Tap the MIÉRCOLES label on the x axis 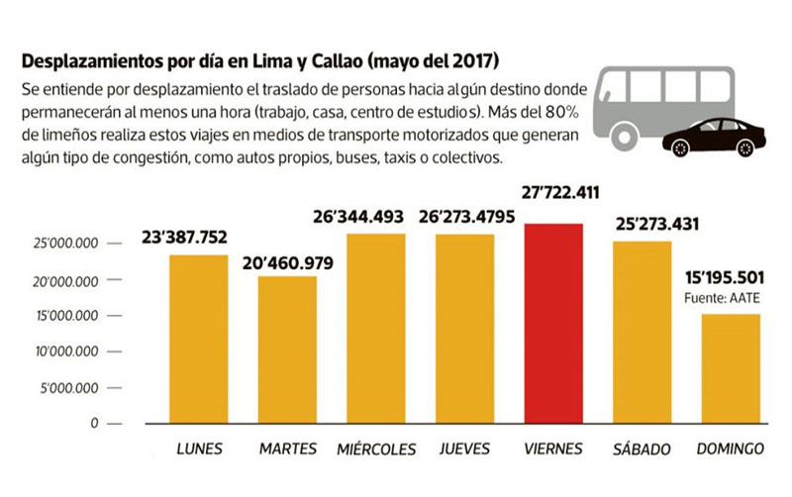(x=376, y=449)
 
